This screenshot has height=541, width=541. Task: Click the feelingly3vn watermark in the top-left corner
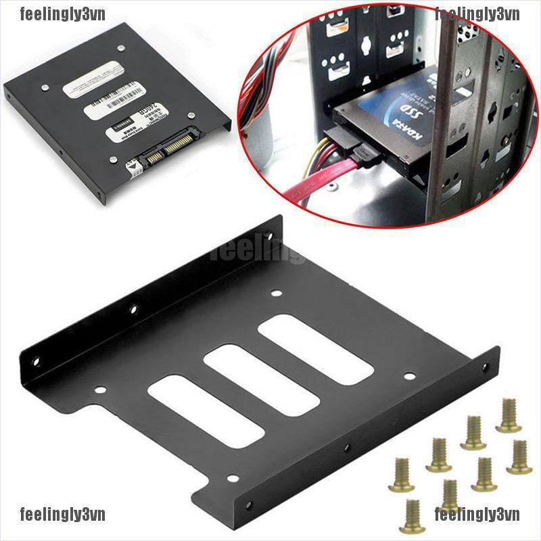tap(45, 12)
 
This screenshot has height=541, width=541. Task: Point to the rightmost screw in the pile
tap(518, 456)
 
